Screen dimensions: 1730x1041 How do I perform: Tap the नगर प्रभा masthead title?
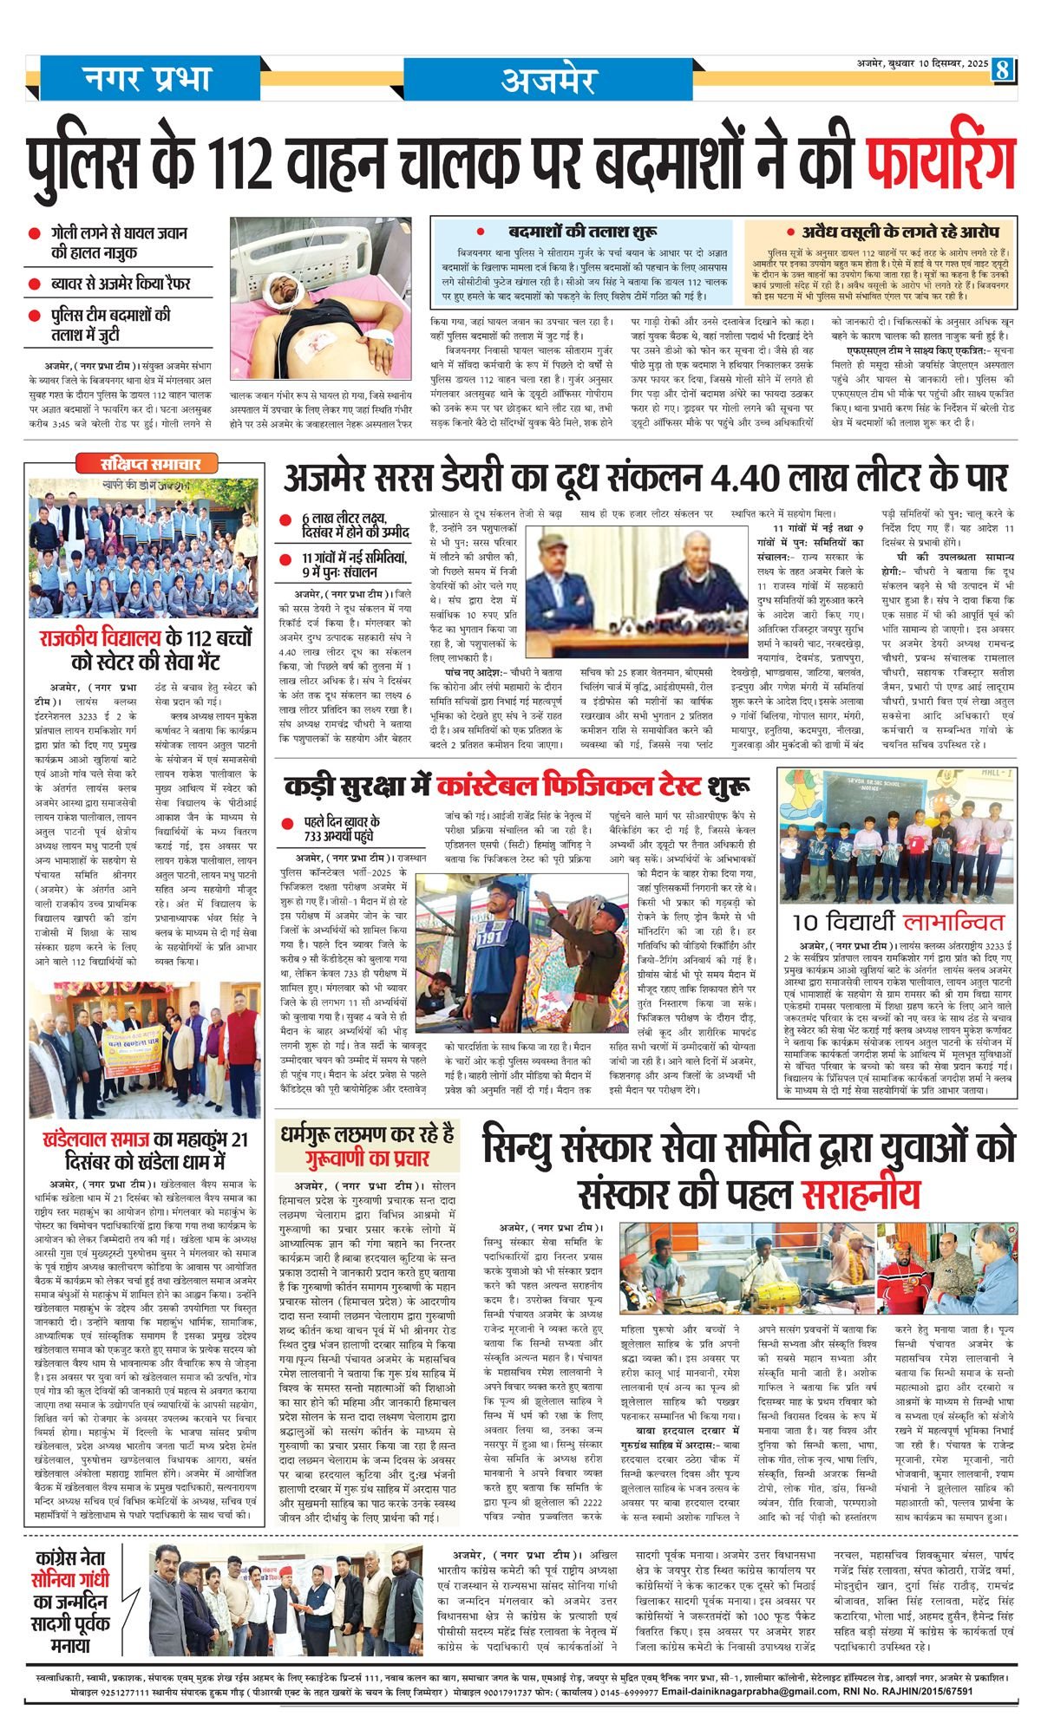point(148,80)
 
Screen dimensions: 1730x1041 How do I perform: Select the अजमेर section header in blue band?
point(547,81)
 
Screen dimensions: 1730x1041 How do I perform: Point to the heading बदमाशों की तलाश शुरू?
point(582,232)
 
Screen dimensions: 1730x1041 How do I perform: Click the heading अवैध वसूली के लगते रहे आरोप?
point(892,232)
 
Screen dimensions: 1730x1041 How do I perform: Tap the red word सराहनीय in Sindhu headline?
point(861,1194)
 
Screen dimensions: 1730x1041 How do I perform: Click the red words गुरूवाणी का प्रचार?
point(367,1158)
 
